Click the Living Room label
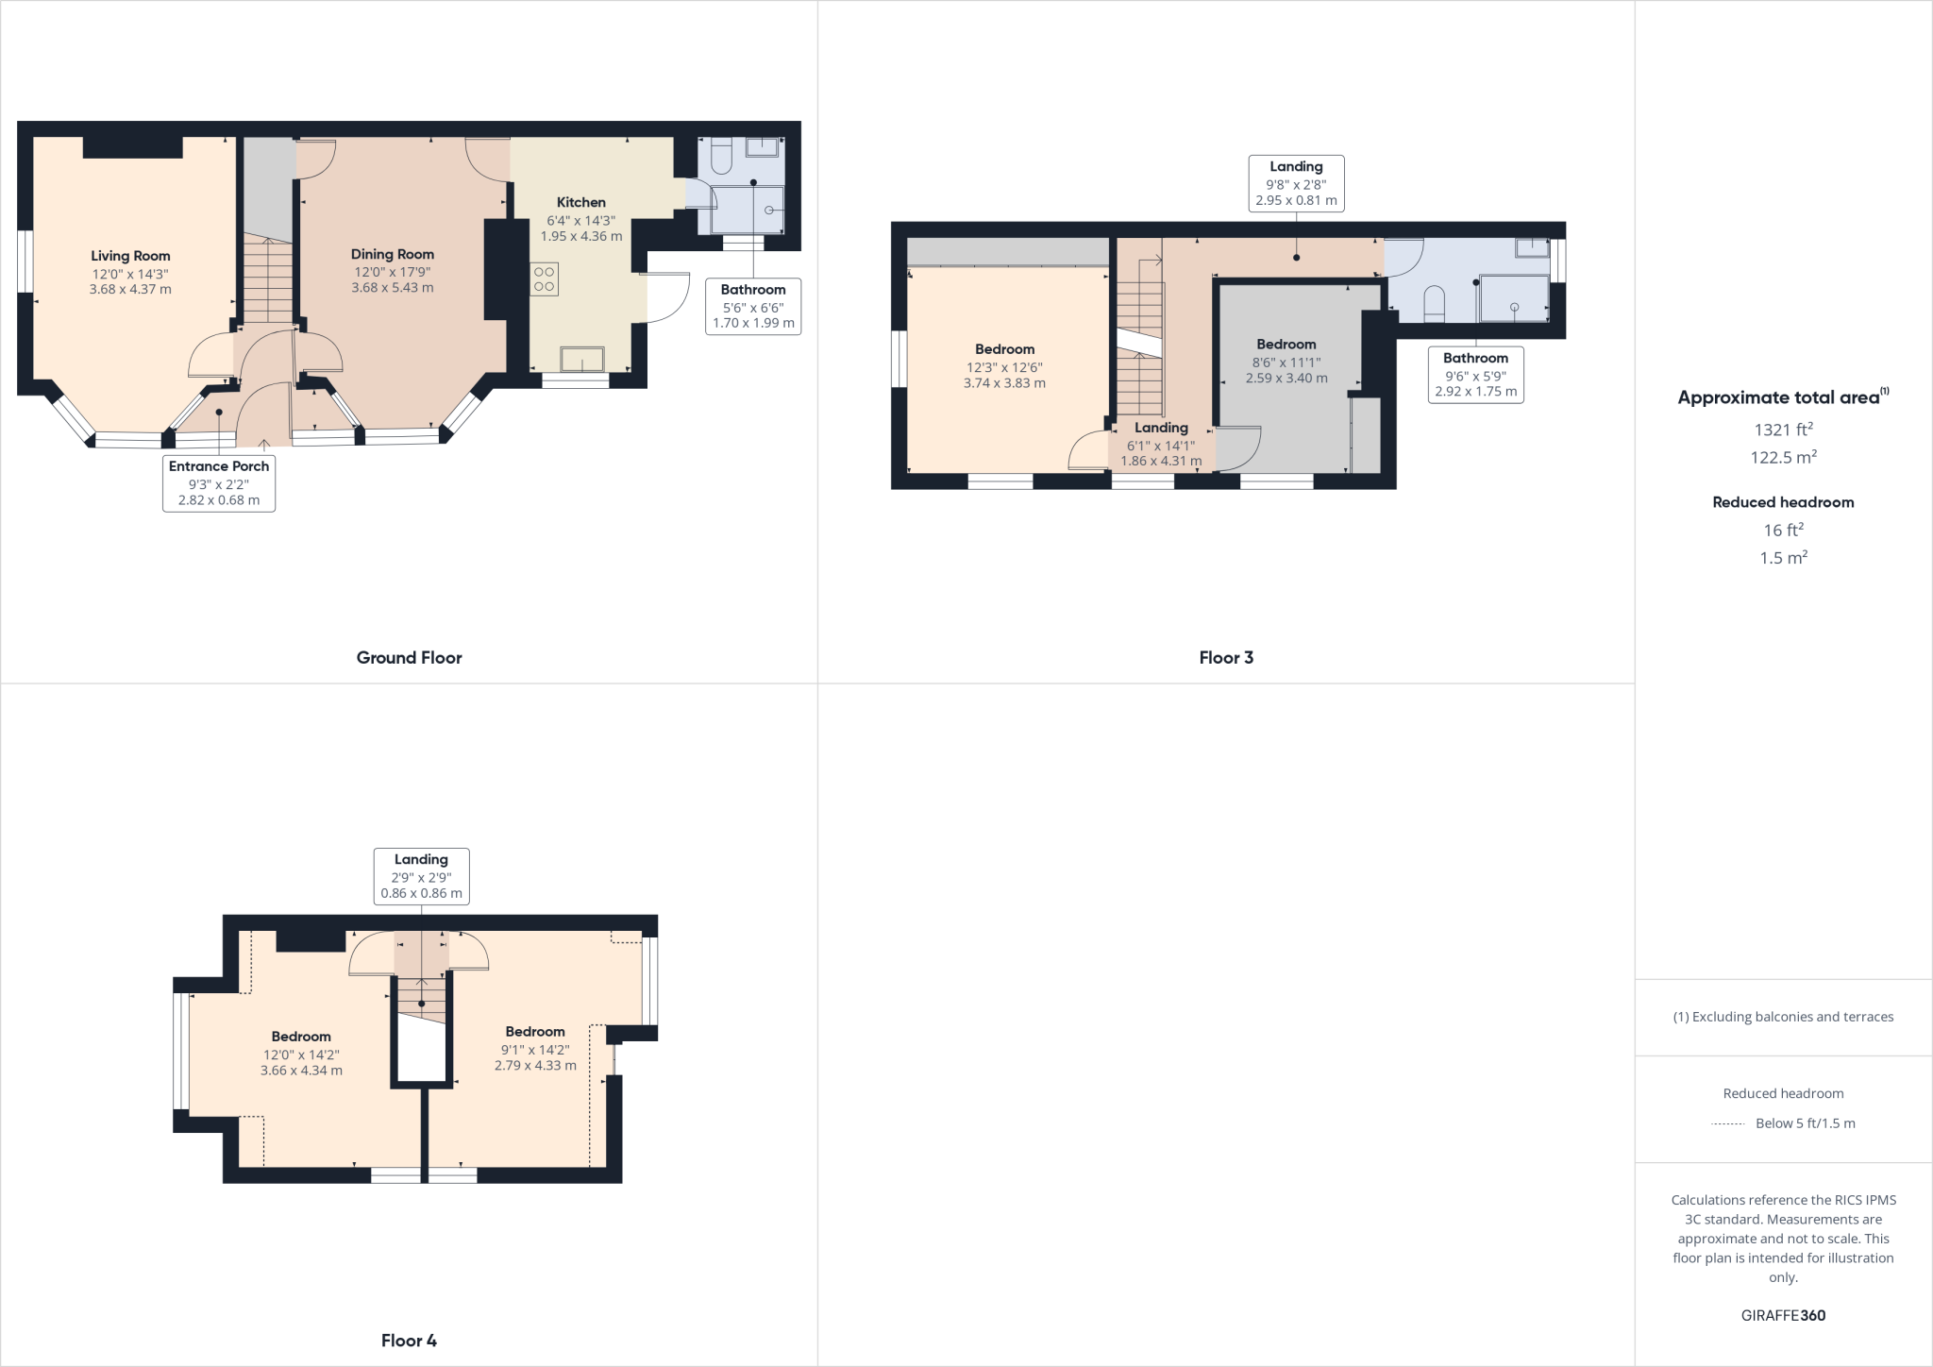tap(130, 256)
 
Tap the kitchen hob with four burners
tap(545, 279)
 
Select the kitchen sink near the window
tap(582, 359)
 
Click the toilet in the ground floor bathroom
tap(722, 158)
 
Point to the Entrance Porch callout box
tap(219, 482)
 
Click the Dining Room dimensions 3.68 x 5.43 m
tap(392, 288)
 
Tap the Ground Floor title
tap(409, 658)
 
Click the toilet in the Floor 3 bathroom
tap(1433, 302)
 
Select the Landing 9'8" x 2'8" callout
tap(1296, 183)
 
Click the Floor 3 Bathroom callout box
tap(1475, 374)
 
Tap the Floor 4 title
tap(409, 1341)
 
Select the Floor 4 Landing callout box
tap(421, 875)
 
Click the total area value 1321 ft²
tap(1783, 430)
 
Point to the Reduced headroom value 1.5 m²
tap(1783, 558)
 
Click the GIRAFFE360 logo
tap(1783, 1316)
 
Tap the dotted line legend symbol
tap(1727, 1123)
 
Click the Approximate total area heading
tap(1782, 397)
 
